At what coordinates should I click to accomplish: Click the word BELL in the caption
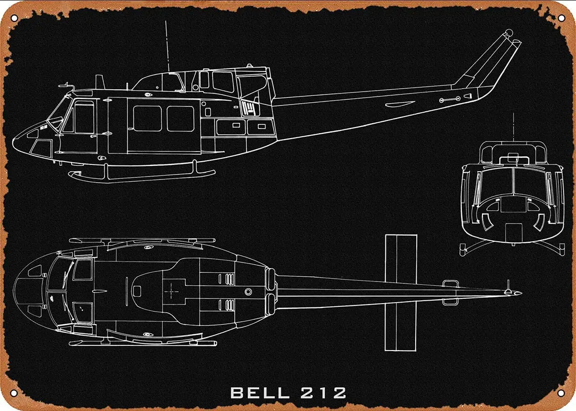[260, 393]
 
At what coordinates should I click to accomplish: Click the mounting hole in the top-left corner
[14, 18]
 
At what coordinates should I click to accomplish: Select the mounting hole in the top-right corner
[562, 18]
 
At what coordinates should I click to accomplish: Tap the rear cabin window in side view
[180, 118]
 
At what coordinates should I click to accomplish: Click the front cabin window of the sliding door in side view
[147, 118]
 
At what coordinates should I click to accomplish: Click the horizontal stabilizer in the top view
[401, 292]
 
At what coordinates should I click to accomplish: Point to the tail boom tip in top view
[519, 293]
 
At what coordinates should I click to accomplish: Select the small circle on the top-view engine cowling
[248, 292]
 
